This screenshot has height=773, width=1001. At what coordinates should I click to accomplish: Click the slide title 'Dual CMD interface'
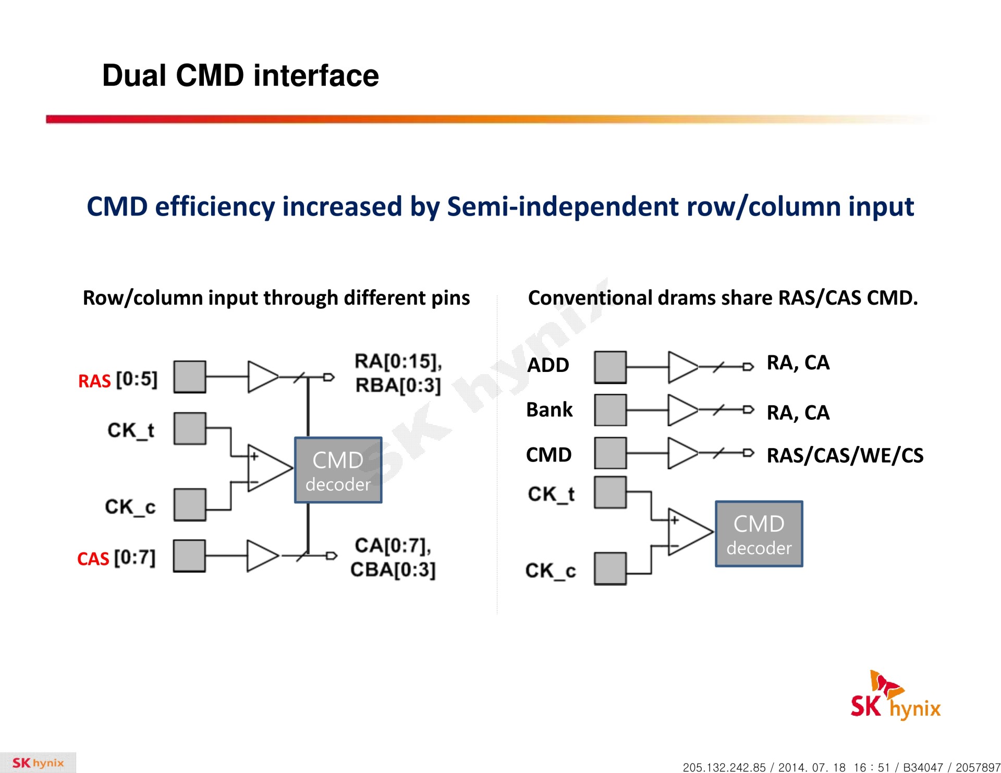point(240,76)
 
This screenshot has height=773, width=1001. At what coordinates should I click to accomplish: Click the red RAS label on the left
point(94,381)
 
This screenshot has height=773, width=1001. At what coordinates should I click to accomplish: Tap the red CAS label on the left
point(93,558)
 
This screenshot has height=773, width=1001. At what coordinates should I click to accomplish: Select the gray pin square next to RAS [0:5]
point(190,377)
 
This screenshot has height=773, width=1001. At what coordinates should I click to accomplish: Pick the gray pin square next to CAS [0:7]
point(189,556)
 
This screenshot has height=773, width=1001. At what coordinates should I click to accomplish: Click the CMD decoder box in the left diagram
point(338,470)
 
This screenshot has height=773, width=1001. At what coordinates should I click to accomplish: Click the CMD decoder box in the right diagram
point(759,534)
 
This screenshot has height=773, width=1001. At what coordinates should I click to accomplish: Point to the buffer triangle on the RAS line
point(262,376)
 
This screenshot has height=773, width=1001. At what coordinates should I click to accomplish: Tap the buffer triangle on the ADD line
point(681,367)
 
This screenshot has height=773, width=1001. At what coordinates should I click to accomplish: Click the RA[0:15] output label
point(398,361)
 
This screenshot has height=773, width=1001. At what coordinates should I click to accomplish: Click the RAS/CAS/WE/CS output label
point(845,455)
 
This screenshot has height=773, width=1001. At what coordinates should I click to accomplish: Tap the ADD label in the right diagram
point(548,365)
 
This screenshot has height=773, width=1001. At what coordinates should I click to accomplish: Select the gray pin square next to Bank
point(610,410)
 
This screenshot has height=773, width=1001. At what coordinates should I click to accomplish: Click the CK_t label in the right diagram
point(551,494)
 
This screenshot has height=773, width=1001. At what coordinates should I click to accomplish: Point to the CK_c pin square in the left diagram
point(190,505)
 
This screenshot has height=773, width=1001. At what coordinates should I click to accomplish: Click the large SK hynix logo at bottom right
point(895,697)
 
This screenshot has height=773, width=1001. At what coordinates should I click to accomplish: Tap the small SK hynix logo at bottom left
point(38,763)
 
